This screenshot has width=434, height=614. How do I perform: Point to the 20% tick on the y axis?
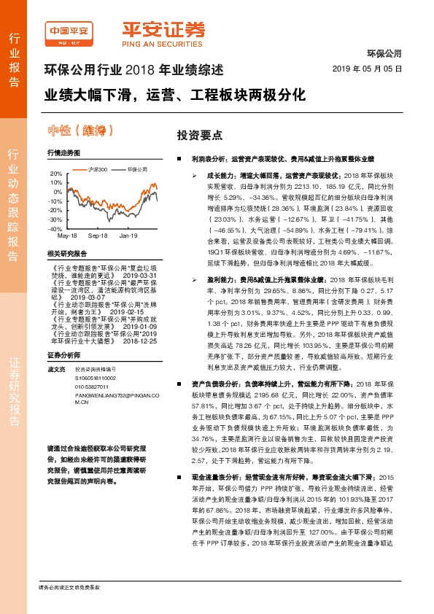click(55, 174)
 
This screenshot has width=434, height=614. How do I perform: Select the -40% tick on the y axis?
click(55, 228)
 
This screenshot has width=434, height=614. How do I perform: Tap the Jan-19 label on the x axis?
click(128, 236)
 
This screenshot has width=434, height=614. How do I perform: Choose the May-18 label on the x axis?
click(67, 236)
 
